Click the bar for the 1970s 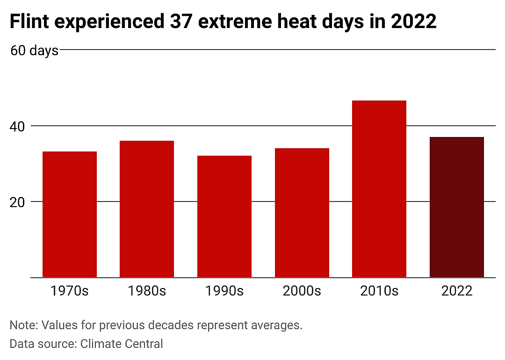(70, 215)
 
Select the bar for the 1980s (147, 209)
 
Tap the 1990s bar (224, 217)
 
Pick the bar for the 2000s (302, 213)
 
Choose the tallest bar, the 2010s (379, 189)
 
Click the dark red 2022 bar (457, 208)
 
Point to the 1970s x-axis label (70, 291)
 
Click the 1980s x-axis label (147, 291)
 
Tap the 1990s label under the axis (224, 291)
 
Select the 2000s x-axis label (302, 291)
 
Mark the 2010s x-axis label (379, 291)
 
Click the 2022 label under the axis (457, 291)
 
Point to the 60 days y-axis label (35, 51)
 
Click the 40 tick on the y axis (17, 127)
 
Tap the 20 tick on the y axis (17, 202)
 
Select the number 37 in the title (181, 21)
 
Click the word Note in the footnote (24, 325)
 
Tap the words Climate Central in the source (122, 344)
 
